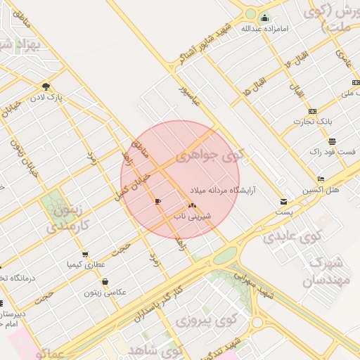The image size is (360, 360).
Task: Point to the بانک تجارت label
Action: click(313, 122)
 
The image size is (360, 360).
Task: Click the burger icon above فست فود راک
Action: click(331, 141)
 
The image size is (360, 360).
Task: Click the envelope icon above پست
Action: click(284, 201)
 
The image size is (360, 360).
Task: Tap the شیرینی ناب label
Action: click(188, 217)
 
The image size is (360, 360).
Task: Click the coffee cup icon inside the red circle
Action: click(157, 202)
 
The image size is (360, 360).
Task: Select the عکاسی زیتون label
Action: click(105, 292)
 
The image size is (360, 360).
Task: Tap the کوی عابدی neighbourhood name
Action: click(291, 236)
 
